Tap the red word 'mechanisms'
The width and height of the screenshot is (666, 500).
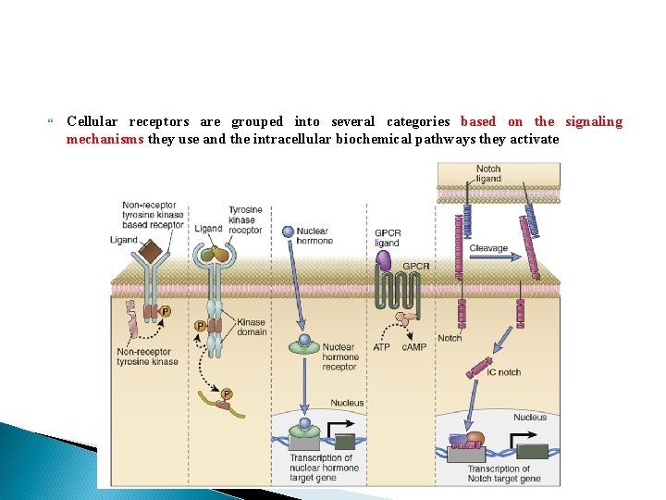pos(105,139)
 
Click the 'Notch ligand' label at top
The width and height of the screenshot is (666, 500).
pos(487,173)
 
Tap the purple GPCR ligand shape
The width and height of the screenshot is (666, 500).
pos(387,262)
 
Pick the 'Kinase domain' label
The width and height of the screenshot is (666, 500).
pos(251,326)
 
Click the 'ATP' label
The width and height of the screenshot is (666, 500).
pos(381,347)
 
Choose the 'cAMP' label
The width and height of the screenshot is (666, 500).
pos(413,347)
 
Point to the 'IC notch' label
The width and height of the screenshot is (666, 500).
pos(503,372)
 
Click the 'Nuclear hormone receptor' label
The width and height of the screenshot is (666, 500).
pos(339,357)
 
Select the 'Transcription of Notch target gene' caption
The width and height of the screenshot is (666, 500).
pos(503,474)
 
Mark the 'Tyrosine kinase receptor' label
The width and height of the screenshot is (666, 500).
pos(245,219)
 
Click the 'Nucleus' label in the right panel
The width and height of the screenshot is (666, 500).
pos(529,418)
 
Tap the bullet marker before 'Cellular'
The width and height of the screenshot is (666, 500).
pos(50,121)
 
